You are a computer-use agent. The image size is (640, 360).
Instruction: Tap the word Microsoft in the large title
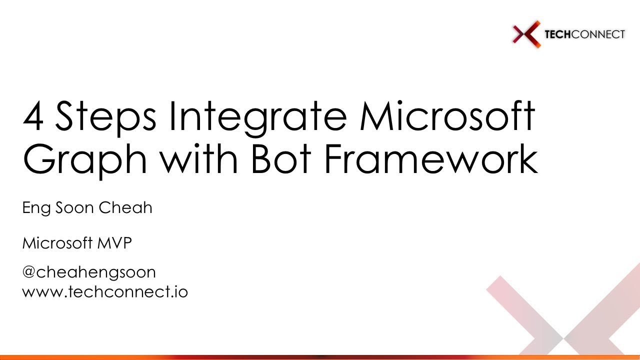click(446, 116)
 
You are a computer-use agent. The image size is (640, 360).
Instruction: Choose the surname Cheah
click(125, 207)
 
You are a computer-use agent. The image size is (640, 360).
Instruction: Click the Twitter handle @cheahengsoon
click(89, 272)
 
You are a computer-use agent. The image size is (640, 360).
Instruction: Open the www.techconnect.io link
click(105, 291)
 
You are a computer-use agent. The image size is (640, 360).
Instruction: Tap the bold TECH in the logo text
click(557, 34)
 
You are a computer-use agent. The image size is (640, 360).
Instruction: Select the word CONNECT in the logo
click(597, 34)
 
